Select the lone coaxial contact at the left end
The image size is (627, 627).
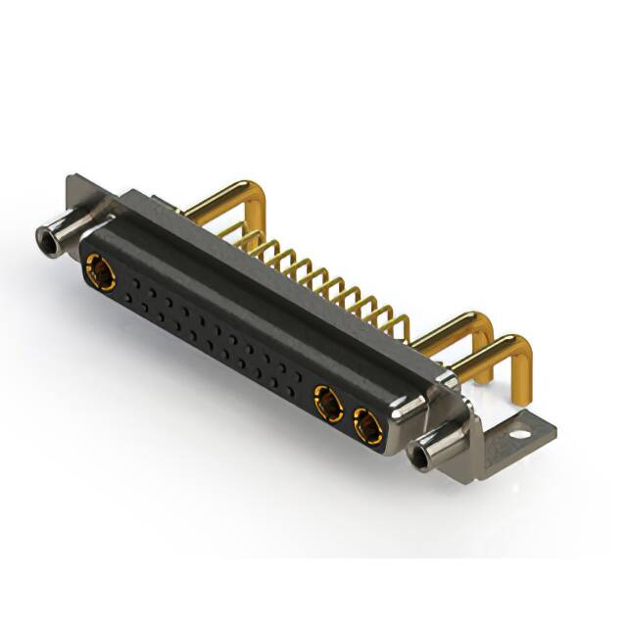click(100, 271)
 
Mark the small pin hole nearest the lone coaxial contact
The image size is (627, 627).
click(128, 284)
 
